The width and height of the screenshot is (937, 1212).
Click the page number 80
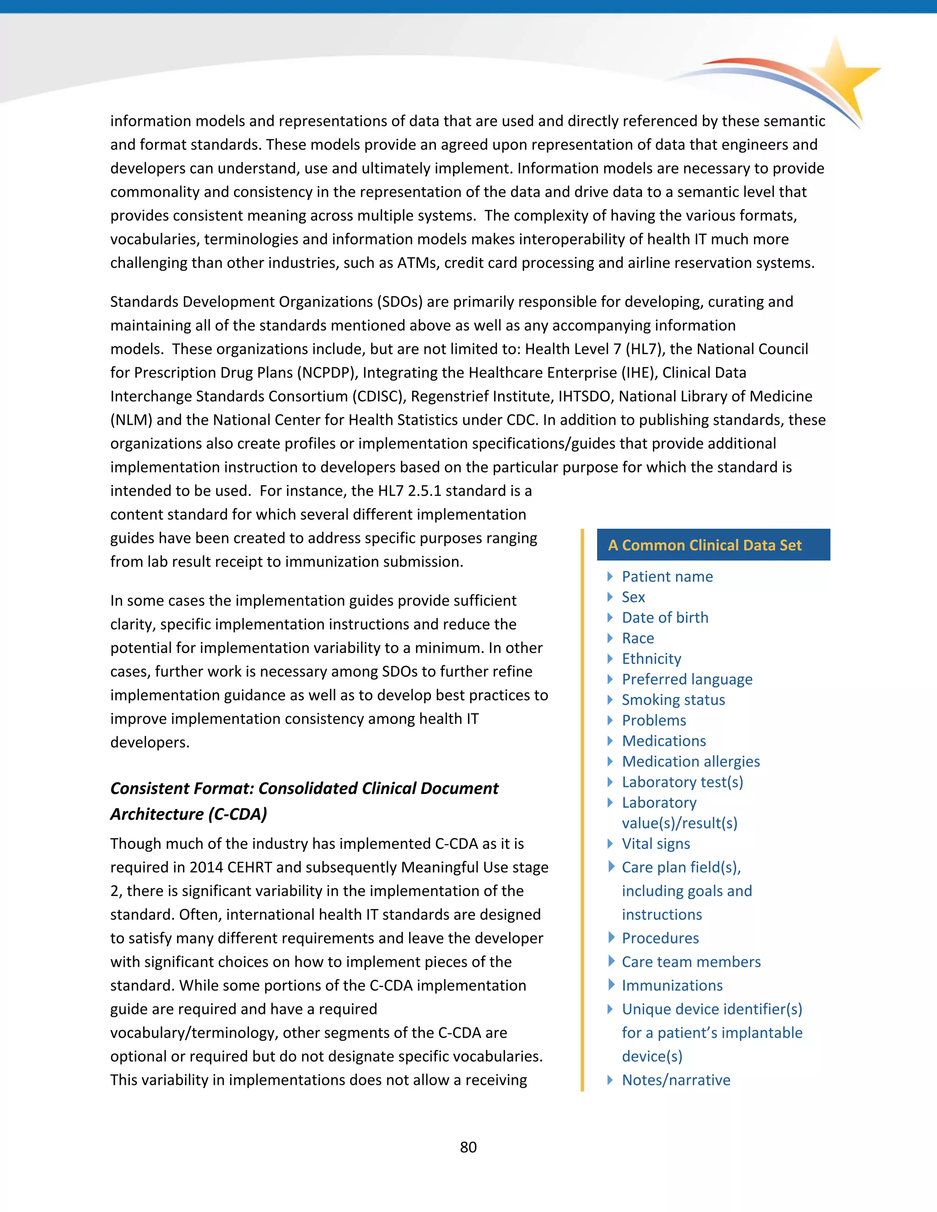pyautogui.click(x=468, y=1147)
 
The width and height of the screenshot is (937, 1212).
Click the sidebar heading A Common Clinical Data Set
pyautogui.click(x=705, y=545)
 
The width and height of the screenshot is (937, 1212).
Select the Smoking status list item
pyautogui.click(x=673, y=700)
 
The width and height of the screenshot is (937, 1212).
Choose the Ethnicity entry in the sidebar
pyautogui.click(x=651, y=659)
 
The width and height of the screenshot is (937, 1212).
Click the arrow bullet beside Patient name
pyautogui.click(x=610, y=577)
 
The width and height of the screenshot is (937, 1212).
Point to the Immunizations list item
pyautogui.click(x=672, y=986)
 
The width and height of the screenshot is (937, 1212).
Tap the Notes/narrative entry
pyautogui.click(x=676, y=1080)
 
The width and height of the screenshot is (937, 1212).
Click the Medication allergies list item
pyautogui.click(x=690, y=762)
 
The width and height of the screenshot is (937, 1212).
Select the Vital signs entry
pyautogui.click(x=656, y=843)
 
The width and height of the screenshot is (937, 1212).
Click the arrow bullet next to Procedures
pyautogui.click(x=611, y=938)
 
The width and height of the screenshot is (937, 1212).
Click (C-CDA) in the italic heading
pyautogui.click(x=237, y=814)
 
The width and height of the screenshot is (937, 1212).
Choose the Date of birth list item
pyautogui.click(x=664, y=617)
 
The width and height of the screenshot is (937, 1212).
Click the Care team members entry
pyautogui.click(x=690, y=962)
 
